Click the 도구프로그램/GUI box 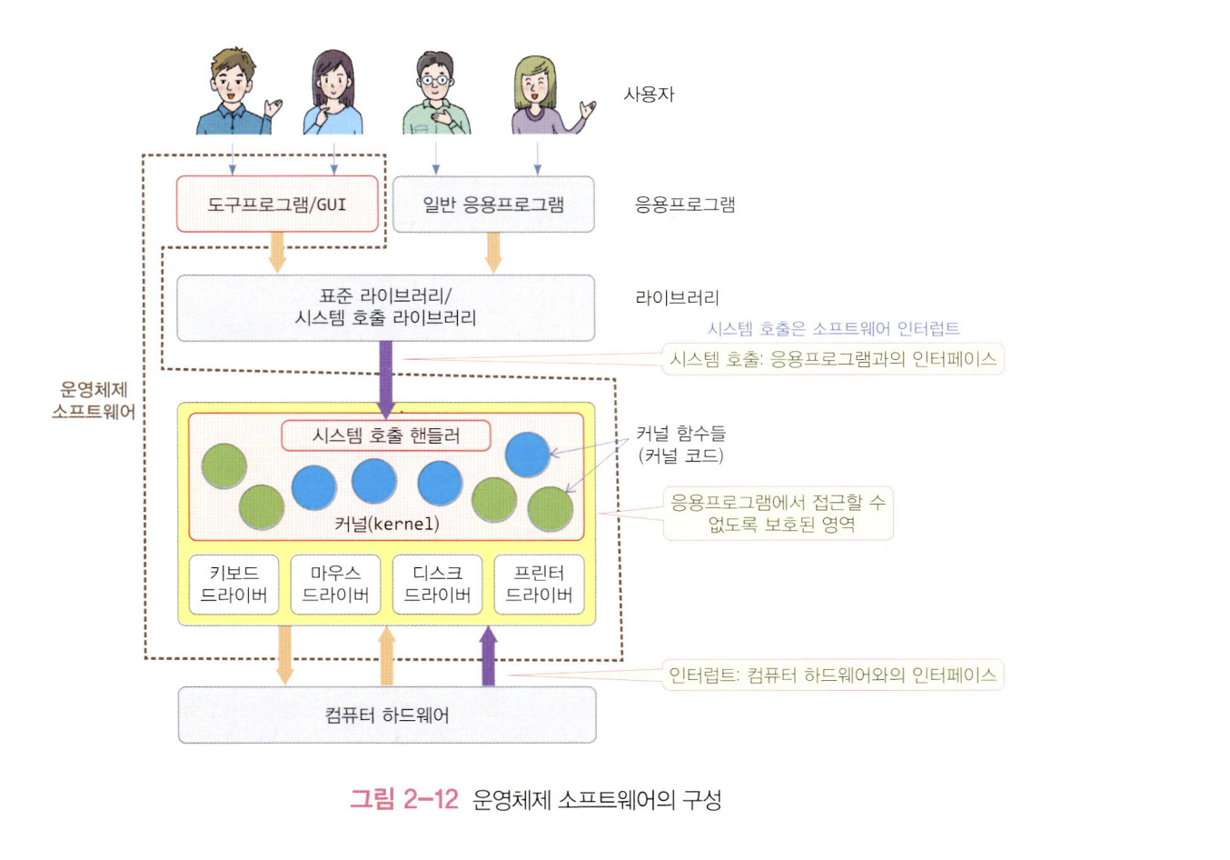click(277, 204)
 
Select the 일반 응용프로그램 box click(493, 204)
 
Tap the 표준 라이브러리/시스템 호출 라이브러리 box click(385, 307)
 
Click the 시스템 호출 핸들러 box click(386, 435)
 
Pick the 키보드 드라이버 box click(234, 584)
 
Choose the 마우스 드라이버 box click(335, 584)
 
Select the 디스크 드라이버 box click(437, 584)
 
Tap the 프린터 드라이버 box click(539, 584)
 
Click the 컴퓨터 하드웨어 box click(387, 715)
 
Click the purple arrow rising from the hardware click(488, 656)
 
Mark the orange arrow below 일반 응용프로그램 click(493, 252)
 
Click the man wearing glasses click(436, 94)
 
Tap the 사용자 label click(649, 94)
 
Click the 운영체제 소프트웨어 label click(94, 401)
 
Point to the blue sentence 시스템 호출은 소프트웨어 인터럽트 click(833, 328)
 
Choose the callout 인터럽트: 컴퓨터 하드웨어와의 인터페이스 click(832, 675)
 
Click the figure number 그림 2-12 click(404, 799)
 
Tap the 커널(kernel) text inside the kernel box click(386, 524)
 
